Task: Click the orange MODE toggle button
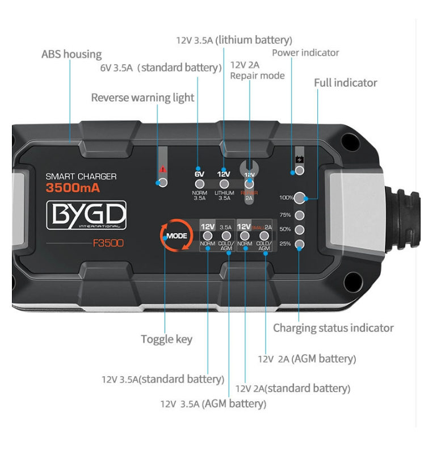[x=175, y=235]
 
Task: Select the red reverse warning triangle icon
[x=163, y=169]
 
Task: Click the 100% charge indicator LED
[x=300, y=198]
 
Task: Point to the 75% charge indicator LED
[x=300, y=215]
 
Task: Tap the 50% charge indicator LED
[x=300, y=230]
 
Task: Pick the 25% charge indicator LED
[x=300, y=245]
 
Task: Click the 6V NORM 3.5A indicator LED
[x=199, y=184]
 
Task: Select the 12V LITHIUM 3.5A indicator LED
[x=224, y=184]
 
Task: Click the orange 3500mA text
[x=73, y=188]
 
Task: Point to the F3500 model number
[x=108, y=244]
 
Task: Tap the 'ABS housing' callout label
[x=72, y=54]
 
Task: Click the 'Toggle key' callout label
[x=166, y=339]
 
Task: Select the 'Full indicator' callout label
[x=345, y=83]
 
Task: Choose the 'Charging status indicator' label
[x=333, y=328]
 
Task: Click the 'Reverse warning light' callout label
[x=142, y=98]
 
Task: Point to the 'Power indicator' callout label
[x=305, y=53]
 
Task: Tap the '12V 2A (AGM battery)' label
[x=307, y=359]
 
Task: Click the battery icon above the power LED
[x=300, y=159]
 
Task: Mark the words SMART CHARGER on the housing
[x=81, y=176]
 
